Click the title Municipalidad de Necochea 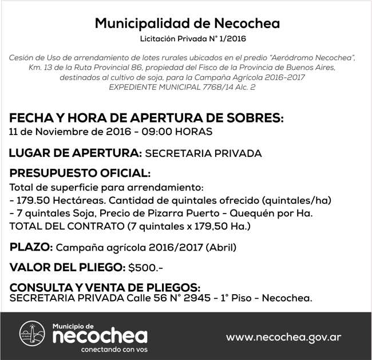(x=187, y=23)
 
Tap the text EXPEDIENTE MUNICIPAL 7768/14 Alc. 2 (x=183, y=86)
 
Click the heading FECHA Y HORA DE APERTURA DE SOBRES (x=147, y=118)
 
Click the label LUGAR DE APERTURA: (x=76, y=153)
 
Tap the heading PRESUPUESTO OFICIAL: (x=80, y=173)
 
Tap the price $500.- (x=147, y=267)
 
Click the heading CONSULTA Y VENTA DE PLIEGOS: (x=105, y=287)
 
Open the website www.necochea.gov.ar (x=283, y=337)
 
